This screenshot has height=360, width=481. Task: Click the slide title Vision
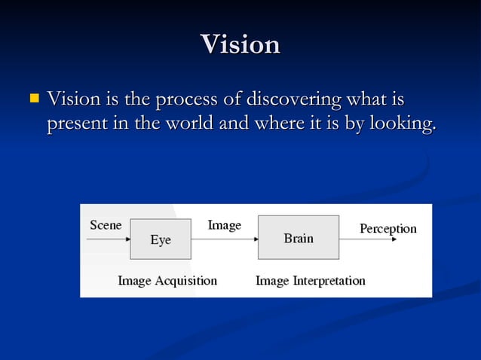pos(240,44)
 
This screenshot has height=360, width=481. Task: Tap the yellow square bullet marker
pos(33,98)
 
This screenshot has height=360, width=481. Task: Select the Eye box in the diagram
pos(160,239)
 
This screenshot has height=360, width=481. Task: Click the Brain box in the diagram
pos(299,238)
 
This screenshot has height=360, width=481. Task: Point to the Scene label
pos(106,225)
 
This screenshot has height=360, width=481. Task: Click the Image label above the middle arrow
pos(224,225)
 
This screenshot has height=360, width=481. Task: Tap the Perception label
pos(388,228)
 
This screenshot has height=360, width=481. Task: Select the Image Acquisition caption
pos(167,281)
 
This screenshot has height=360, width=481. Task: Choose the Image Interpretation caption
pos(310,281)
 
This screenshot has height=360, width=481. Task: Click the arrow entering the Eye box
pos(108,239)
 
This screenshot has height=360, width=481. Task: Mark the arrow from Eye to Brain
pos(224,238)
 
